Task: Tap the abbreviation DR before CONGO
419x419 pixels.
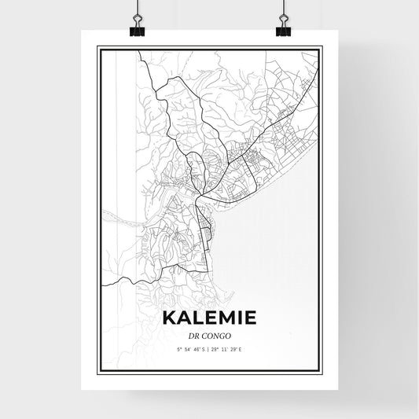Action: [194, 334]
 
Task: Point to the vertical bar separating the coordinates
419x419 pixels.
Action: [209, 347]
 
